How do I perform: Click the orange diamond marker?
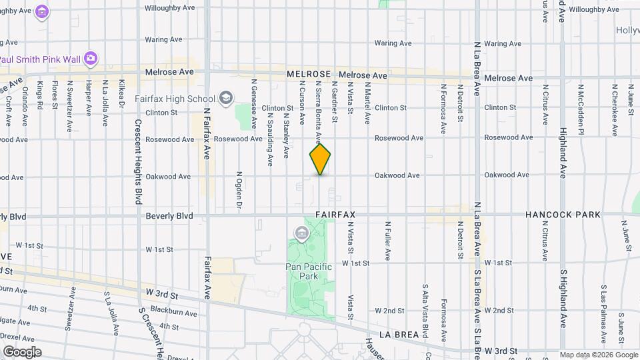tap(320, 159)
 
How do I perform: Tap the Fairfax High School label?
tap(175, 99)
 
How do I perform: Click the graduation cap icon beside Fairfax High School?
tap(227, 99)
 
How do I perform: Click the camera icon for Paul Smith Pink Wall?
tap(91, 59)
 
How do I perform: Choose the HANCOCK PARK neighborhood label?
tap(563, 215)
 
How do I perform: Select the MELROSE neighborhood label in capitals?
tap(309, 75)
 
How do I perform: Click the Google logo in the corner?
tap(22, 352)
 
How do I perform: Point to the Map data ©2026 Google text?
tap(599, 355)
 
